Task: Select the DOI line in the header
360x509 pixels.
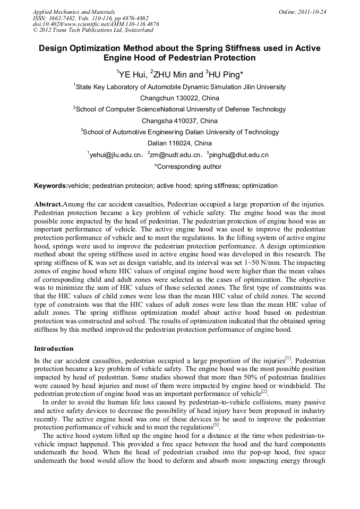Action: (96, 24)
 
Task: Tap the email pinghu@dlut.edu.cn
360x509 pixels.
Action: (239, 155)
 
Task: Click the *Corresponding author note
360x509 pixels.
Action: (180, 166)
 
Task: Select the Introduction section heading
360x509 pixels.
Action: (54, 349)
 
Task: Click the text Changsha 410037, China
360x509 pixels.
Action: (179, 120)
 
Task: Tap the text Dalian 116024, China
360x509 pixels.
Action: (179, 143)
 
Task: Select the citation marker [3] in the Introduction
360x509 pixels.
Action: (216, 425)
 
